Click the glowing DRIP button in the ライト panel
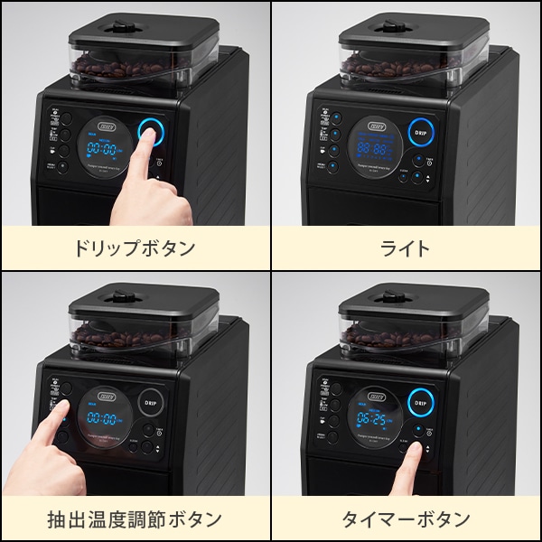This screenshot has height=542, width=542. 420,131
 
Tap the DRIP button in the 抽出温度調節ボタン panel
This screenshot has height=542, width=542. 151,402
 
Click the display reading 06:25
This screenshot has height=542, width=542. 373,419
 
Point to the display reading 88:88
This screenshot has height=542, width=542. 373,147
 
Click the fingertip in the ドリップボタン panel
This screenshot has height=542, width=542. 146,141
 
